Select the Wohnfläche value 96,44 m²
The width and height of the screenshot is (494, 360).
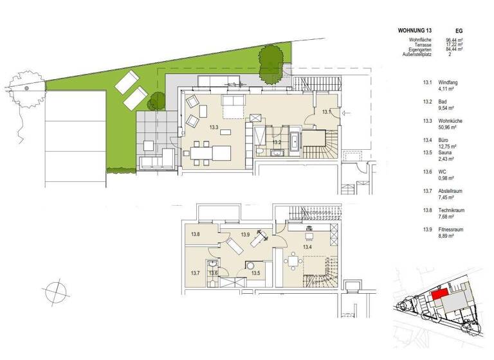click(x=456, y=40)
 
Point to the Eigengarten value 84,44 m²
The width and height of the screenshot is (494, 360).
click(x=456, y=50)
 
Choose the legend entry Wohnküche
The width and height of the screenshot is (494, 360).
click(x=452, y=120)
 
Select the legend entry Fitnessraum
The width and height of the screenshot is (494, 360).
click(x=453, y=228)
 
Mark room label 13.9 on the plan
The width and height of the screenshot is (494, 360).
click(x=245, y=235)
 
